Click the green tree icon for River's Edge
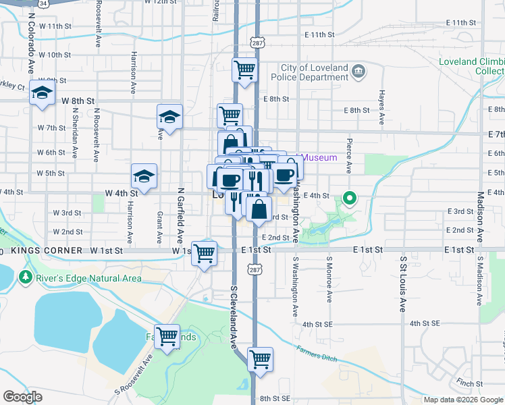point(26,277)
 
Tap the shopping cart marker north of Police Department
point(245,70)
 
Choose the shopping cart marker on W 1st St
point(205,253)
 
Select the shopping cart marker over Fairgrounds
point(167,335)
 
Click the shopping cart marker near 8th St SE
point(260,359)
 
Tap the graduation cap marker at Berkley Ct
point(42,92)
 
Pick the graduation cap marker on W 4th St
point(144,176)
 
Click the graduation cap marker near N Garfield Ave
point(169,117)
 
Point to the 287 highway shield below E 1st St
point(255,269)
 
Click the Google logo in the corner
point(23,396)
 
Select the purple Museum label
point(319,157)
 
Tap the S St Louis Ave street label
point(403,283)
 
